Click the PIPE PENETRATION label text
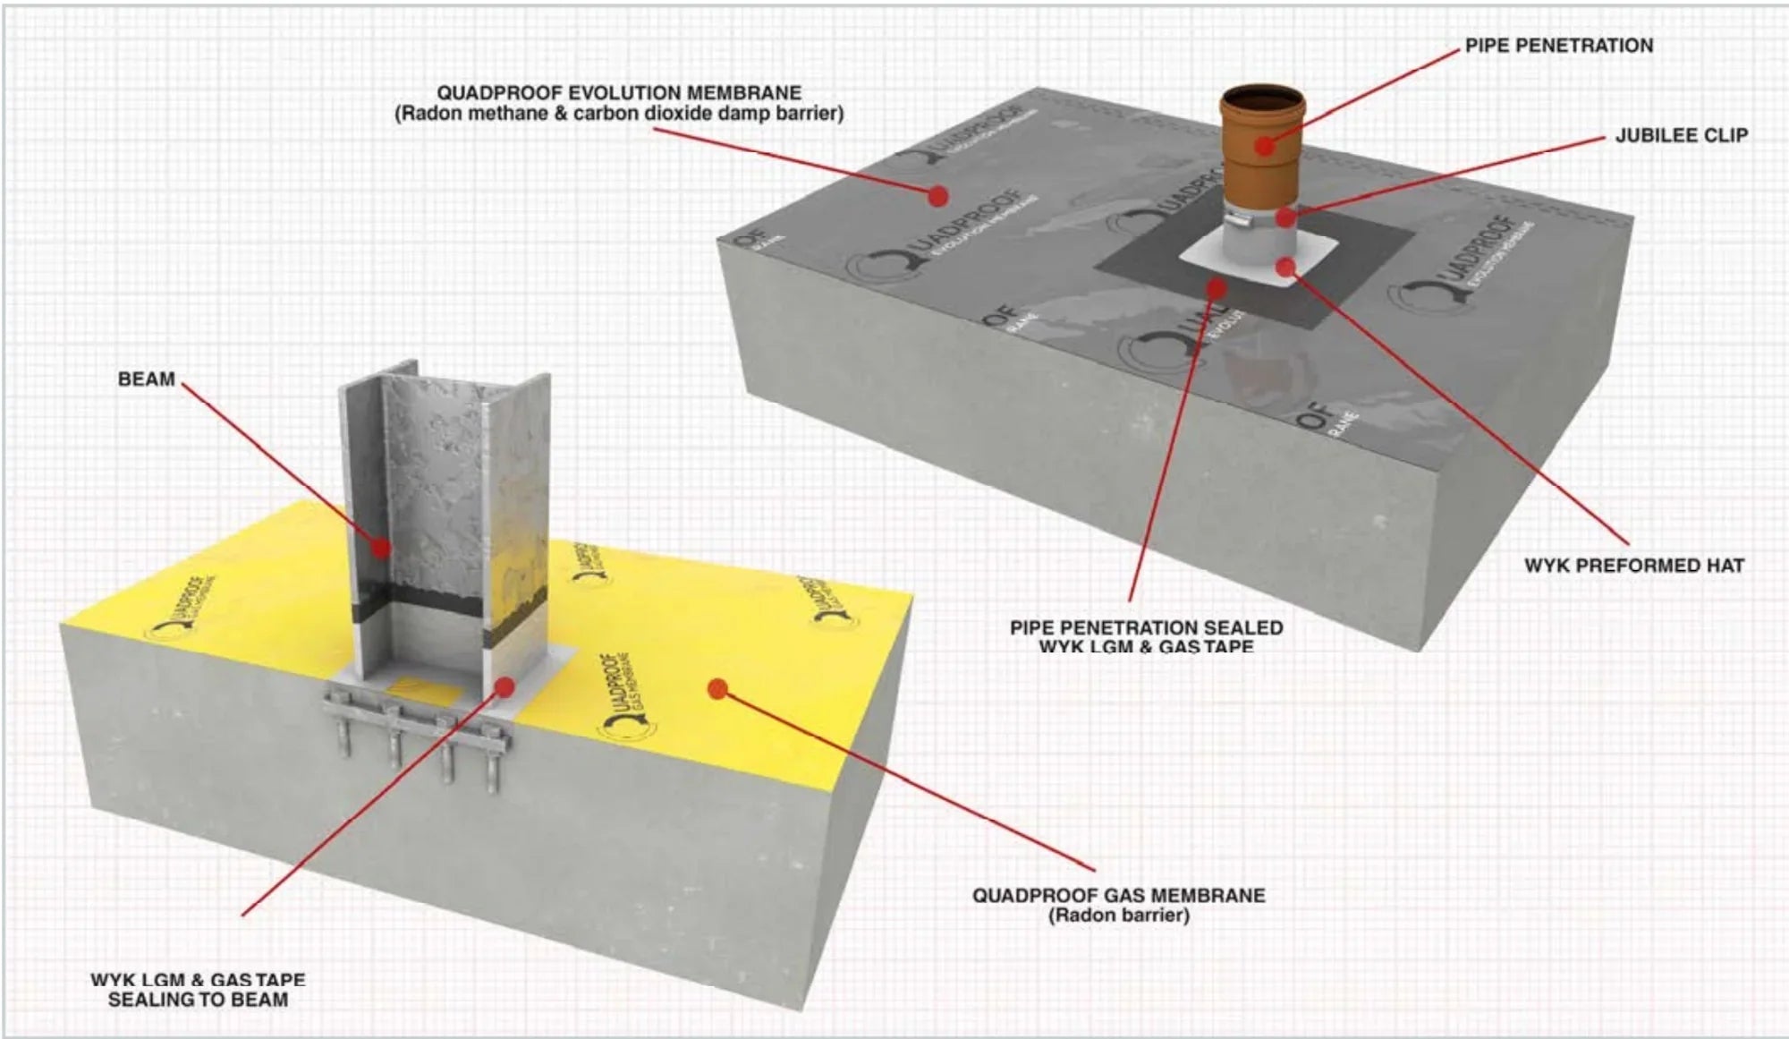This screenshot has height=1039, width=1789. click(x=1558, y=46)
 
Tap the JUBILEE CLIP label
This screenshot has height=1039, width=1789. click(x=1681, y=135)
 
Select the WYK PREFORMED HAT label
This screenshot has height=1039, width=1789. click(x=1633, y=566)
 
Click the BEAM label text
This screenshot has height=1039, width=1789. click(x=146, y=379)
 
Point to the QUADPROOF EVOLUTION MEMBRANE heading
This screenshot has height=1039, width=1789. click(x=618, y=93)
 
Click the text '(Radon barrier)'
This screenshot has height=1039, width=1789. click(x=1118, y=916)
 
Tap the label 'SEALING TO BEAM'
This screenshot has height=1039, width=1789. click(x=198, y=1000)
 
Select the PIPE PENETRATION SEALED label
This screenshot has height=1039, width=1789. click(x=1146, y=628)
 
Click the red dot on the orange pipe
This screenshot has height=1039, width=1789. click(x=1264, y=145)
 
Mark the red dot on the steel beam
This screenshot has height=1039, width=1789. click(x=381, y=547)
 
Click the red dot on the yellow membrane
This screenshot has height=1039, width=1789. click(x=716, y=688)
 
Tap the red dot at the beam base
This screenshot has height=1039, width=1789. click(x=504, y=686)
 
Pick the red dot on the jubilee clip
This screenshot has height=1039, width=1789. click(x=1285, y=217)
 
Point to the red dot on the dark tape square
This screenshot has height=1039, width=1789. click(x=1217, y=287)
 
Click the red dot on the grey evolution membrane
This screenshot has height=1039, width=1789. click(x=937, y=195)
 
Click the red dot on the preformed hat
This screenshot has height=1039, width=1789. click(x=1285, y=266)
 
